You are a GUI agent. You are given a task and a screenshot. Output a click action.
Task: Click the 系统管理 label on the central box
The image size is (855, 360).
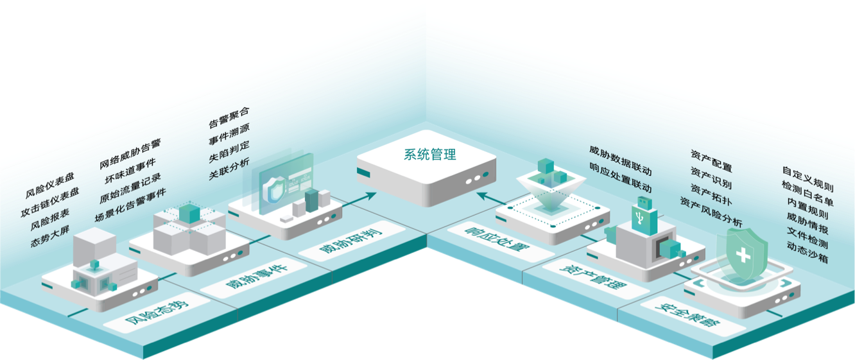tap(430, 155)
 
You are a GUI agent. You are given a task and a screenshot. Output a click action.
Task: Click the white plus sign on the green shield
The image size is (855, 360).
tap(744, 256)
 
